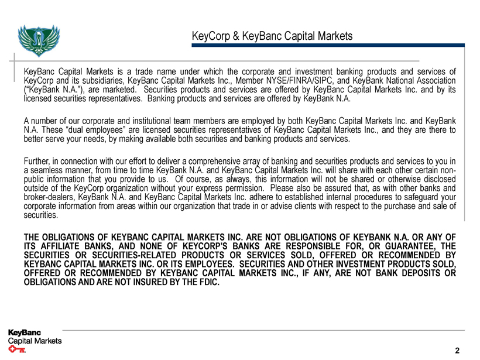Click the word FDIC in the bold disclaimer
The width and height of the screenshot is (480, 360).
tap(208, 283)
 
